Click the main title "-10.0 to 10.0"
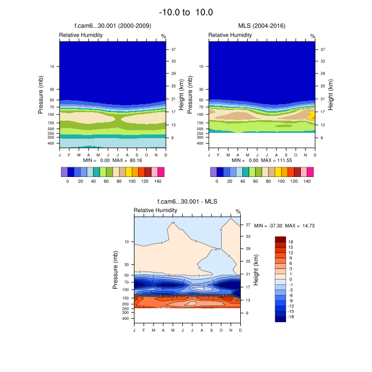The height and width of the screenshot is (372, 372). [x=186, y=12]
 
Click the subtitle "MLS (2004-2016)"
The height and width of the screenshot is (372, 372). [x=261, y=25]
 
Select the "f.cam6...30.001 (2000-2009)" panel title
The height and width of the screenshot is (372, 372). [x=113, y=25]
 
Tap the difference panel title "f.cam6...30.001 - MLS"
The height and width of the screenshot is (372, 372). [x=187, y=201]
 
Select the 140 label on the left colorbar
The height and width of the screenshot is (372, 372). [x=157, y=181]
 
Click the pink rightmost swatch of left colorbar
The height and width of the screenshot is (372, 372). [x=160, y=172]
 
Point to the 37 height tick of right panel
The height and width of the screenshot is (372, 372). [x=322, y=49]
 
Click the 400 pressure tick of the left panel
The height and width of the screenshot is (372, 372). [x=52, y=143]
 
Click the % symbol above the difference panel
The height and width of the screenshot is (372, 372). [x=238, y=212]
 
